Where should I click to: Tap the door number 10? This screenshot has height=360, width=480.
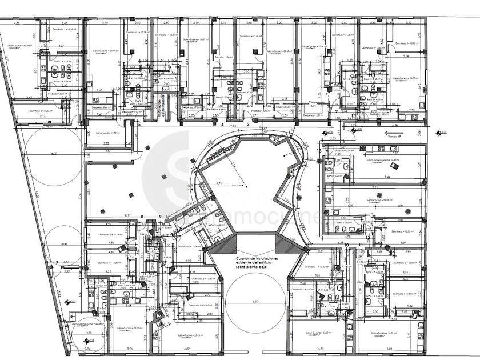pyautogui.click(x=347, y=245)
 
